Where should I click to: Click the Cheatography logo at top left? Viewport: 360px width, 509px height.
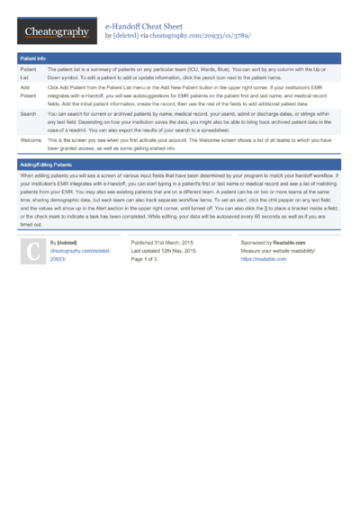coord(55,32)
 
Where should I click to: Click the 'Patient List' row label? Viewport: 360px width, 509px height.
coord(28,72)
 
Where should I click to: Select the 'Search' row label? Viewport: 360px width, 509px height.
coord(28,114)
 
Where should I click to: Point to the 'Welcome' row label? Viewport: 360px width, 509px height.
coord(31,141)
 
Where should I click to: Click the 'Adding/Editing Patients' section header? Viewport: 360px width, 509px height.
coord(49,165)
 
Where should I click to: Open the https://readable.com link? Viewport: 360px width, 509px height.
coord(263,259)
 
